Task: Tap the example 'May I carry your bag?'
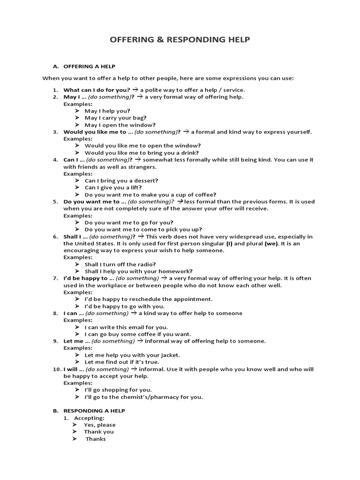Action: point(115,118)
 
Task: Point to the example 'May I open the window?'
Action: point(120,125)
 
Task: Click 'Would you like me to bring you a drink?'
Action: point(142,152)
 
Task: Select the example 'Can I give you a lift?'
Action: point(113,187)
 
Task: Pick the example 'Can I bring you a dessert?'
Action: point(121,180)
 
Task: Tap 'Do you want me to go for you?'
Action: point(129,222)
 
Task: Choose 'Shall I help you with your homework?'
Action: point(138,271)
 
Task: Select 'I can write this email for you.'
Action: point(126,327)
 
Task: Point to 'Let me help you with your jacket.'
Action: point(132,355)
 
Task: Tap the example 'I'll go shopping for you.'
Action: point(118,390)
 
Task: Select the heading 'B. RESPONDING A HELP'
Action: point(89,411)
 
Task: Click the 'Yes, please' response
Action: point(100,425)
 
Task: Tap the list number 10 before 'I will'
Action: point(55,369)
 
